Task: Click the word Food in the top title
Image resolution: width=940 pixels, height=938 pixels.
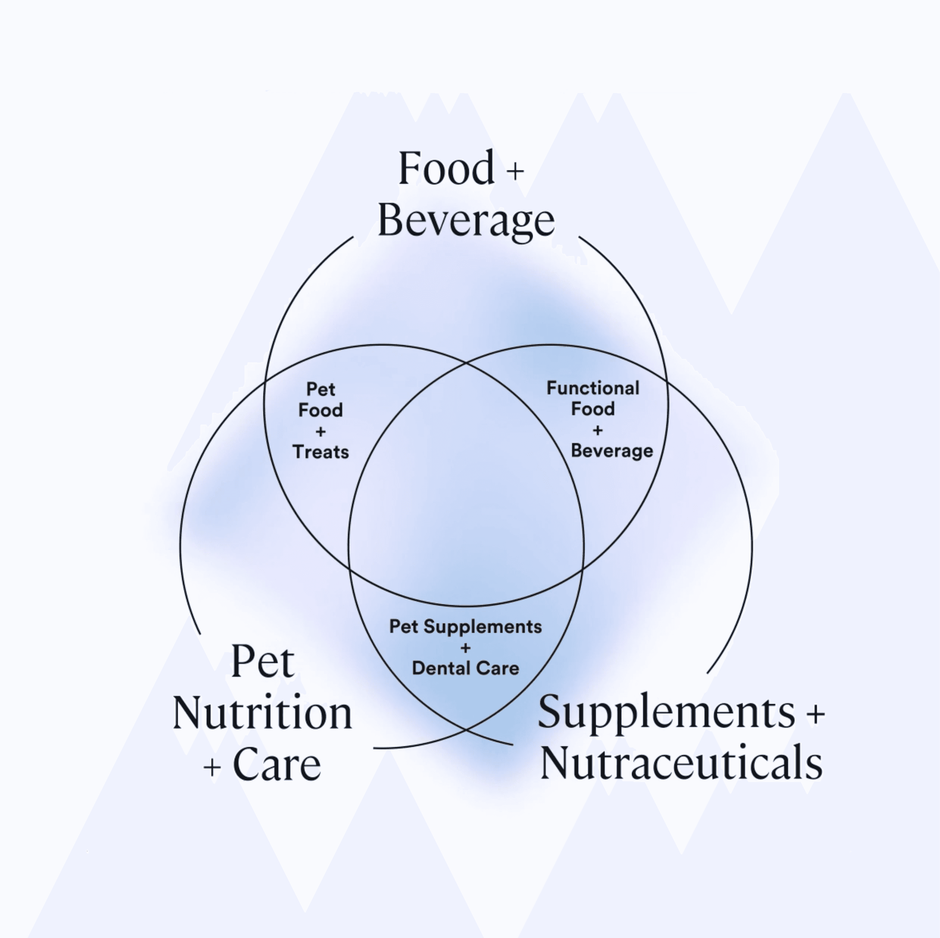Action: (446, 168)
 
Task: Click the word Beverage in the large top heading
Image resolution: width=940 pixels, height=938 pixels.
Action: (466, 221)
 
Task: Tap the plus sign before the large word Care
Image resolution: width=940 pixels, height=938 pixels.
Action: (212, 768)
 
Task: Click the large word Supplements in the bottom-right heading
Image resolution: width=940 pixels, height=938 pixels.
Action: (667, 712)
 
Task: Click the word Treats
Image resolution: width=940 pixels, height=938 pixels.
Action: (321, 452)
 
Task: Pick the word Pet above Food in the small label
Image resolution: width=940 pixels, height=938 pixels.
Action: (321, 389)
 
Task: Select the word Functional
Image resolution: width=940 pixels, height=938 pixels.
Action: (593, 388)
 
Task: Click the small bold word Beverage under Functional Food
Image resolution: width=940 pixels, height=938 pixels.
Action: (611, 451)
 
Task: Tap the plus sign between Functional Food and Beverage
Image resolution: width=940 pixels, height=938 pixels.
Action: (597, 430)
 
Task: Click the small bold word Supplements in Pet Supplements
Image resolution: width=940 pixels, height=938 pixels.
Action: (482, 627)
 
